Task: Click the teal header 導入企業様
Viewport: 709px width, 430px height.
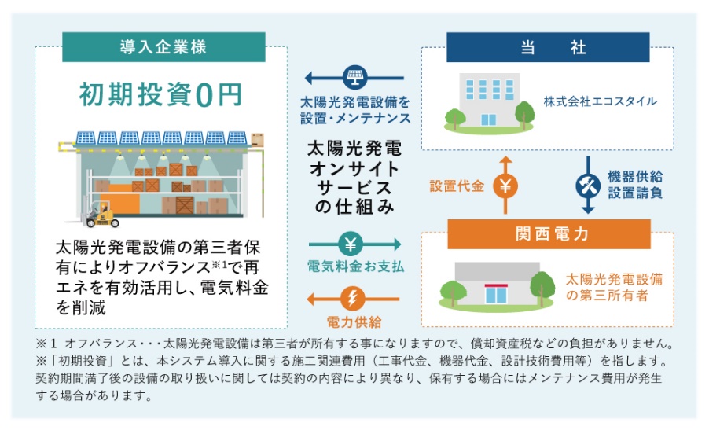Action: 163,47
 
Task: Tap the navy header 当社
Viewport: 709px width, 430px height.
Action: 548,47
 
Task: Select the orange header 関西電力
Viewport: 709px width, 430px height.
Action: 549,233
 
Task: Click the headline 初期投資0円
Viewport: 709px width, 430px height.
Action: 161,94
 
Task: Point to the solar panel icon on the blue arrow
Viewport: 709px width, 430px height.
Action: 355,78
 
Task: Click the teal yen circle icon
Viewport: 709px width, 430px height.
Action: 351,244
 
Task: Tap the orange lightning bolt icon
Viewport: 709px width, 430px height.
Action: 352,299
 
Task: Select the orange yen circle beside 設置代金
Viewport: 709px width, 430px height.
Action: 505,186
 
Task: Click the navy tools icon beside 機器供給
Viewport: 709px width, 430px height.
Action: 588,186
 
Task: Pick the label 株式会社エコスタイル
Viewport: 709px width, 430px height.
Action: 600,101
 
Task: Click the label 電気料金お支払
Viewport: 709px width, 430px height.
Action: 355,266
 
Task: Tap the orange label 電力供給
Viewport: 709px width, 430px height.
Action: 354,322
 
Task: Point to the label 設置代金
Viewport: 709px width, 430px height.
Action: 457,186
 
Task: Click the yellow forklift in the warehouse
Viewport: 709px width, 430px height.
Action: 102,215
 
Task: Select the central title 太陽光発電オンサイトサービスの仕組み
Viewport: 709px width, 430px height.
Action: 354,177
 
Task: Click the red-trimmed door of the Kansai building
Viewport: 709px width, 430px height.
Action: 496,293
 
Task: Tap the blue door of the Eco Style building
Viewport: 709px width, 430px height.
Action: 488,119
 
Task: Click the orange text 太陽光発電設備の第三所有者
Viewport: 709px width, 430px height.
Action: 614,287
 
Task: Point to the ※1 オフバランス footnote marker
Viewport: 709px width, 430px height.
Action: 46,344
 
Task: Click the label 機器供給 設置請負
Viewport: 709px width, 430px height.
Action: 635,185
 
